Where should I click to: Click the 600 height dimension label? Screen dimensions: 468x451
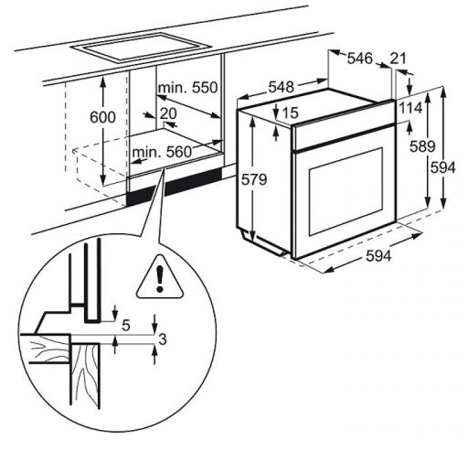coord(103,117)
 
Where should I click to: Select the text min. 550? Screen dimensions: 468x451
coord(188,88)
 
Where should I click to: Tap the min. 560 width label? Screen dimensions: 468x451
coord(162,152)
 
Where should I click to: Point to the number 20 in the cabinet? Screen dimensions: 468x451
coord(168,113)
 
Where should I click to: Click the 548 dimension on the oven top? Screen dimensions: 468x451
coord(281,87)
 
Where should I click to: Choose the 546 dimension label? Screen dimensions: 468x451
coord(360,59)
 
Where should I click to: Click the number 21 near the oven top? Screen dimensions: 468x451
coord(399,59)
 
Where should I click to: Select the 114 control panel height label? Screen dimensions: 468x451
coord(410,108)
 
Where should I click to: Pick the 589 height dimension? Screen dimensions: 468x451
coord(422,146)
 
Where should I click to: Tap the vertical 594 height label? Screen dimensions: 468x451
coord(443,167)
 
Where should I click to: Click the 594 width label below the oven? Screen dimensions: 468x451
coord(378,255)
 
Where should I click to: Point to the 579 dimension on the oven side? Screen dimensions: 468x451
coord(254,179)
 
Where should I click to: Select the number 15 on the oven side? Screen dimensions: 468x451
coord(290,113)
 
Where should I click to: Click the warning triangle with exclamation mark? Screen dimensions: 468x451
coord(160,277)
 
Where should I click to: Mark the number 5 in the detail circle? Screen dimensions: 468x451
coord(126,326)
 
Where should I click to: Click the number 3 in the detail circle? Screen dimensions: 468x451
coord(163,338)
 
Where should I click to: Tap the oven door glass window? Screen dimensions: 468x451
coord(346,191)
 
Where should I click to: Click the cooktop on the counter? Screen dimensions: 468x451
coord(141,48)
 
